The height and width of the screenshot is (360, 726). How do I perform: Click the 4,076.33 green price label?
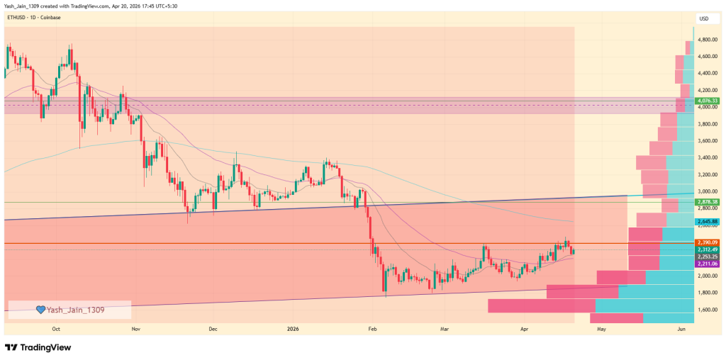click(x=708, y=101)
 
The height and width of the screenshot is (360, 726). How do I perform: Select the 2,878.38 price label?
click(x=708, y=202)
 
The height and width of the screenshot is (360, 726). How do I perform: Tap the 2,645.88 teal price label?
click(x=708, y=222)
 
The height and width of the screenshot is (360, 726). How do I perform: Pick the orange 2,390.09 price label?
click(x=708, y=243)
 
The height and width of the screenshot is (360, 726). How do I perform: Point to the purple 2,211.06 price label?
click(x=708, y=264)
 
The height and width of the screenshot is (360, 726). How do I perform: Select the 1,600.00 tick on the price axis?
click(x=708, y=310)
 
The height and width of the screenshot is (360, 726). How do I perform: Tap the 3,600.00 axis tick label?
click(x=708, y=141)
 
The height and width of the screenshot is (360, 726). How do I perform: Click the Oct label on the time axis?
click(x=56, y=330)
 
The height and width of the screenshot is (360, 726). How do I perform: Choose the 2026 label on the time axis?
click(x=292, y=330)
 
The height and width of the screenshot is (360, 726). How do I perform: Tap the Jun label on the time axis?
click(x=681, y=330)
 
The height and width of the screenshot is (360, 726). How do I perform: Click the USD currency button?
click(x=704, y=18)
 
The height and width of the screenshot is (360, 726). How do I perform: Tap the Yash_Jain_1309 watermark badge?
click(x=69, y=310)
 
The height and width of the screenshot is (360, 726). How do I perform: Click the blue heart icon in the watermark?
click(x=41, y=310)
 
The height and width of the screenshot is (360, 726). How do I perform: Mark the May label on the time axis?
click(x=601, y=330)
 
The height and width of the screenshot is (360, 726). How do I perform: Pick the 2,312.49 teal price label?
click(x=708, y=249)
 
